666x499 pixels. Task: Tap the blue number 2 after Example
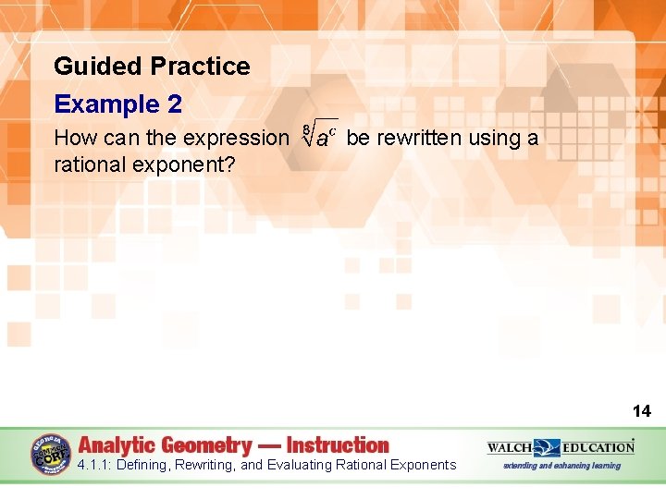[x=174, y=104]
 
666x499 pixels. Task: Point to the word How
[x=73, y=139]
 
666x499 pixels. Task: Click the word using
[x=496, y=139]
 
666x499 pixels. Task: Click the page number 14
[x=641, y=411]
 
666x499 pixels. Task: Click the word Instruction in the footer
[x=338, y=445]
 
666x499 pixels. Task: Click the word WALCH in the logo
[x=510, y=447]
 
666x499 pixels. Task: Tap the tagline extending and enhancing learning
[x=561, y=465]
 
